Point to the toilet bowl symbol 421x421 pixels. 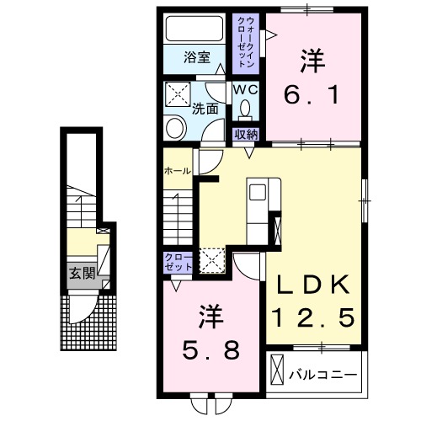pos(245,109)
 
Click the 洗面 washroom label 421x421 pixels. pos(205,108)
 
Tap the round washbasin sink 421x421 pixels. pos(175,129)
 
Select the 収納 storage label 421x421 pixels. pos(246,133)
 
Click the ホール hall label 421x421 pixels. pos(176,171)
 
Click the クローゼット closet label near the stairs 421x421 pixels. pos(179,261)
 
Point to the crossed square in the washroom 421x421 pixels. pos(179,93)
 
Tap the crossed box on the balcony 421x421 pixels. pos(277,371)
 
